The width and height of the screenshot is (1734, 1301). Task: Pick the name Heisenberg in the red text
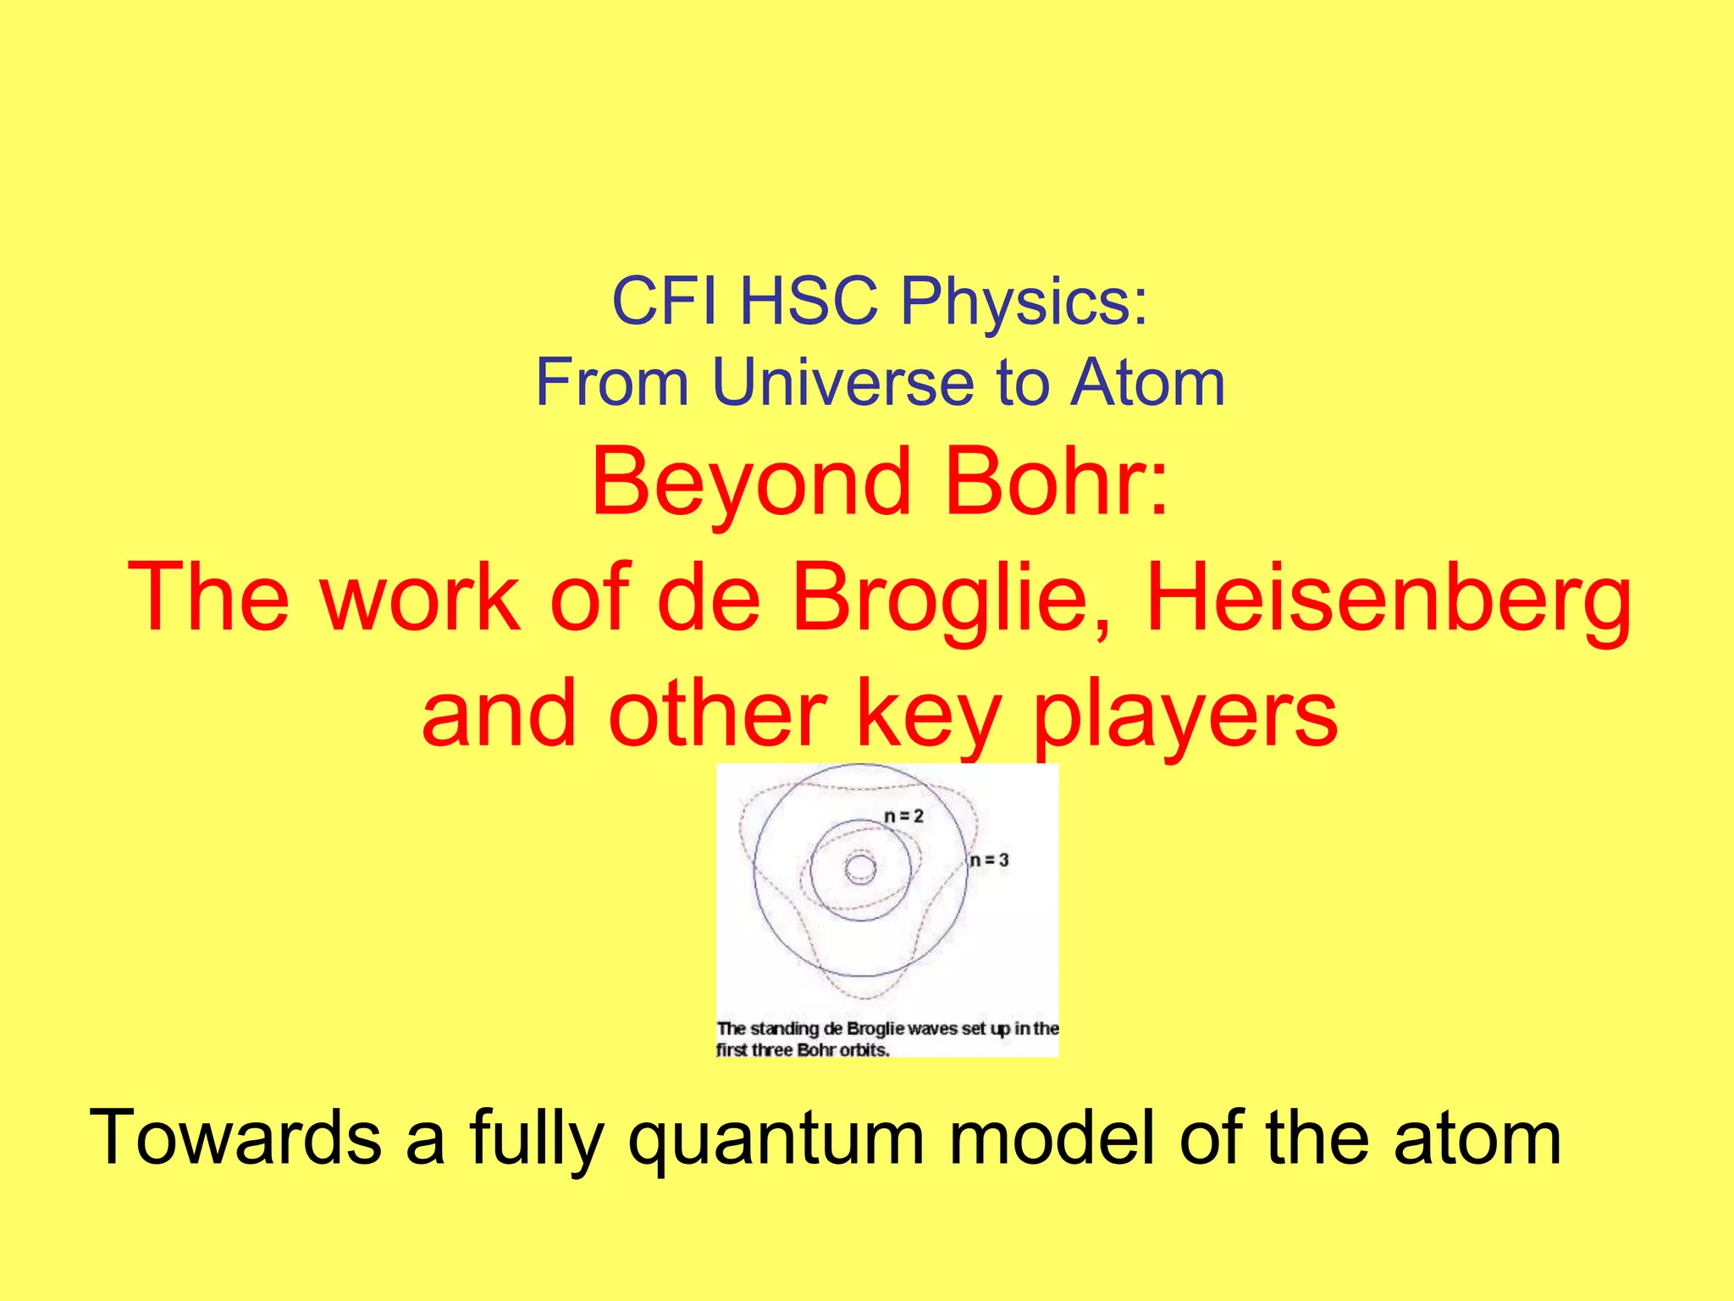[x=1388, y=599]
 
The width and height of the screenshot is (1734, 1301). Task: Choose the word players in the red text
[x=1185, y=717]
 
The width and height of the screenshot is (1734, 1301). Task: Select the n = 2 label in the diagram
[x=903, y=817]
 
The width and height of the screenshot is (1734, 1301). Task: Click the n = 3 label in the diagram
[x=990, y=861]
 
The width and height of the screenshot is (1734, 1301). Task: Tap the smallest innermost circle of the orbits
[x=860, y=869]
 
